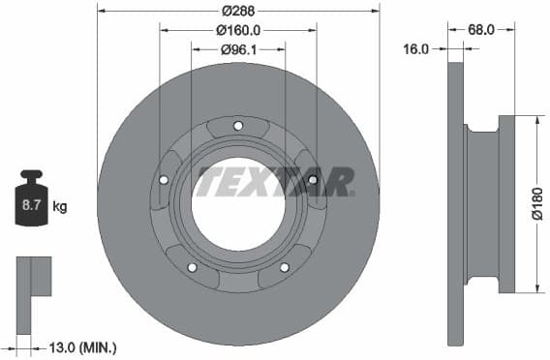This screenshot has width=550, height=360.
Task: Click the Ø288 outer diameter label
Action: pos(237,11)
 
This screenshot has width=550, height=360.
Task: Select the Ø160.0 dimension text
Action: pos(237,30)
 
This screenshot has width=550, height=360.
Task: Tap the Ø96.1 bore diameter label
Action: pos(237,48)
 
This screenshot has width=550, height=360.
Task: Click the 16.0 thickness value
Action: pos(415,48)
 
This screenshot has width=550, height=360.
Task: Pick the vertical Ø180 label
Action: pos(537,204)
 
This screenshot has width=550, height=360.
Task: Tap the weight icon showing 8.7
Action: pos(31,200)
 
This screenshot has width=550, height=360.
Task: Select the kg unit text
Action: pos(60,206)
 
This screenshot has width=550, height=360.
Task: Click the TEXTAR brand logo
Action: pos(275,181)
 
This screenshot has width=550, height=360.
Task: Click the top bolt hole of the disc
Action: pos(238,124)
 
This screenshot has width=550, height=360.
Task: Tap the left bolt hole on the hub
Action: pos(164,179)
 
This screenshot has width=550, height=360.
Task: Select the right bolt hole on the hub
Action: pos(312,179)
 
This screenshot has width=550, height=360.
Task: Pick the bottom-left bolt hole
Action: pos(192,267)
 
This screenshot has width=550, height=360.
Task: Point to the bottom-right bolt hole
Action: pos(284,267)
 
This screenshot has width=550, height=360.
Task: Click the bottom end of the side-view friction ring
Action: pos(456,334)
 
